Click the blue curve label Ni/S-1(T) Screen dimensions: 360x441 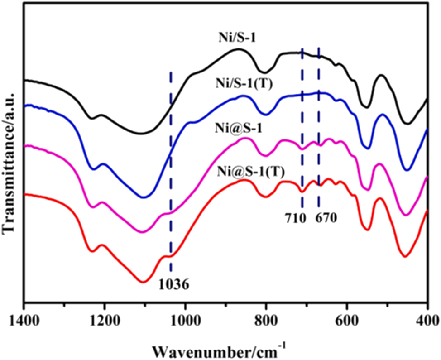243,85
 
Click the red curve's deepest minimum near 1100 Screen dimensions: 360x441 143,282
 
